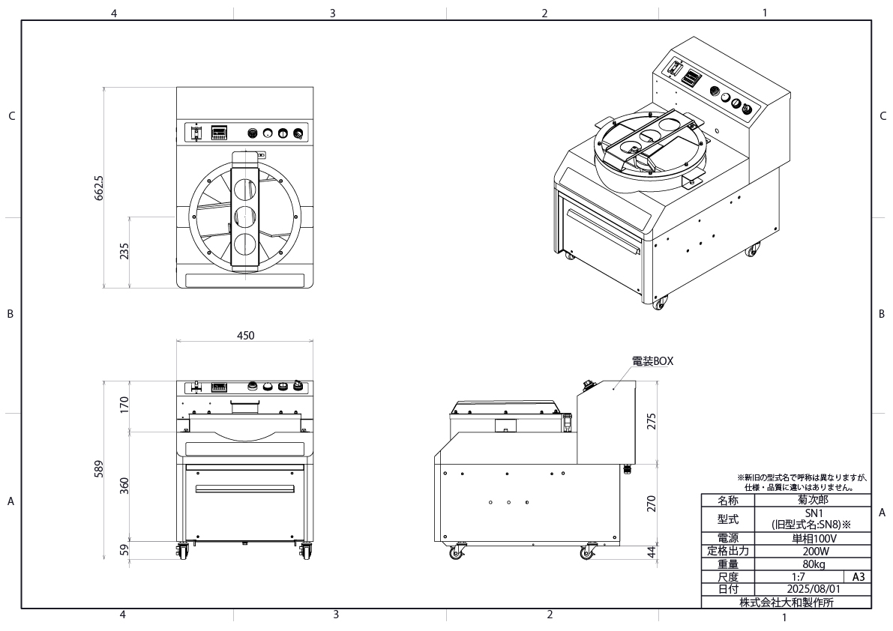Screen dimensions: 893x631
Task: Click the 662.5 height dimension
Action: click(x=100, y=187)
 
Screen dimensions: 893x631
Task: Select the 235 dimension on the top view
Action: click(x=124, y=252)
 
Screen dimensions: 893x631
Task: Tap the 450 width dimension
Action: click(x=245, y=336)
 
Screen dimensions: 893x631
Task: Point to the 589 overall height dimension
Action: click(x=99, y=469)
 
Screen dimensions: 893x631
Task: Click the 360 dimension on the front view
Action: click(x=124, y=486)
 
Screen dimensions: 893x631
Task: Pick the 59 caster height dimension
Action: click(x=124, y=550)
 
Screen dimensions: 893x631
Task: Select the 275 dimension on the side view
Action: click(x=652, y=421)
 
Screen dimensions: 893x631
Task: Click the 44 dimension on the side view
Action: click(x=652, y=552)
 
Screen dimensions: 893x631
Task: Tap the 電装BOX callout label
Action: click(x=652, y=361)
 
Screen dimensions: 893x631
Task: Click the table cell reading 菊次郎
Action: click(x=813, y=500)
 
